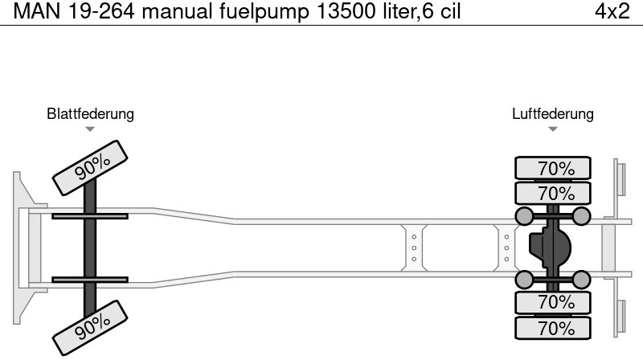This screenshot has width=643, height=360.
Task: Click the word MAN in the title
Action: (37, 11)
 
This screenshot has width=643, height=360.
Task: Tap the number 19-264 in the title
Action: (101, 11)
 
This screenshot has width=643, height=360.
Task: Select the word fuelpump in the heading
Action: (264, 12)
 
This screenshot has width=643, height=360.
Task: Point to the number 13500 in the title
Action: (346, 11)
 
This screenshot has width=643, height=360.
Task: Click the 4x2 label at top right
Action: (612, 11)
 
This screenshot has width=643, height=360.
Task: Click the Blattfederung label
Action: (90, 113)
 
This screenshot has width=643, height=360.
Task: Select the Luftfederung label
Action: (553, 113)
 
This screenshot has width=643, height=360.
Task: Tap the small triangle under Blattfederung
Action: (90, 129)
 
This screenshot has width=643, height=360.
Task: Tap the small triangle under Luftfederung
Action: (553, 129)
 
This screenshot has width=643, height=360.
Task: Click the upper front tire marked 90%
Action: (90, 168)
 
